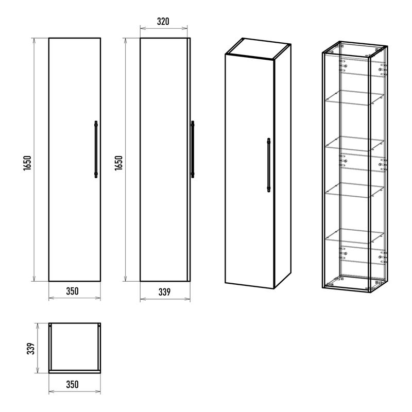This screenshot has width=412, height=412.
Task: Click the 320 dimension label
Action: (163, 21)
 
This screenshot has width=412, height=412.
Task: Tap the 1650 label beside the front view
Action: (27, 163)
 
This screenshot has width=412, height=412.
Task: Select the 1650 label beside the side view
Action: (118, 163)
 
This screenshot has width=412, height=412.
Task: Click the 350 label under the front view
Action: (72, 291)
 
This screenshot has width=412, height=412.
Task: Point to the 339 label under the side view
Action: (164, 292)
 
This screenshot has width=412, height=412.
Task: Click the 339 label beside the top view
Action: (31, 349)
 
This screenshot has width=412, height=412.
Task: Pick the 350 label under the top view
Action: (72, 384)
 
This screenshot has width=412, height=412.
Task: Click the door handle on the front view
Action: (96, 149)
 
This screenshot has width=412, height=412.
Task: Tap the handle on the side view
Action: (193, 149)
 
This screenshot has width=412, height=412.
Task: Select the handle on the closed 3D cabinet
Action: (268, 165)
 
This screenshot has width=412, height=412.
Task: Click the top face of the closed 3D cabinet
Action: (258, 47)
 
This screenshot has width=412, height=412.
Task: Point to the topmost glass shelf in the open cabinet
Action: (355, 98)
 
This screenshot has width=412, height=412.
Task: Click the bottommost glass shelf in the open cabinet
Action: (355, 236)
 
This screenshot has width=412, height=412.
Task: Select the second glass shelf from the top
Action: (355, 144)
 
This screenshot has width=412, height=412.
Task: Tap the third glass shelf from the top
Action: (355, 190)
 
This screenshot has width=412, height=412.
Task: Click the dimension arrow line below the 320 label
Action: (164, 28)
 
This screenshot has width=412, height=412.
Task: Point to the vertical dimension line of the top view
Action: (38, 348)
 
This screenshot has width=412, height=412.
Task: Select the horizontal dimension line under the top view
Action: (75, 392)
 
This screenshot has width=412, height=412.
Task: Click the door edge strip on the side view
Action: (188, 160)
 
